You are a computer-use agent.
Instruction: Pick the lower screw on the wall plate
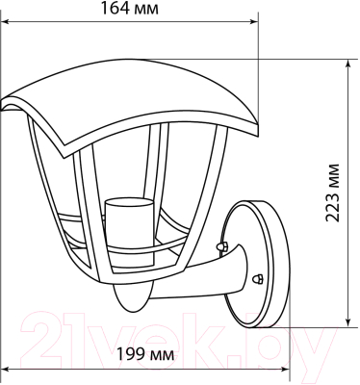coord(257,277)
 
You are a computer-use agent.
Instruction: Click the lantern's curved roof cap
coord(135,106)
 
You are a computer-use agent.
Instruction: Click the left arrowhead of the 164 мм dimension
coord(5,19)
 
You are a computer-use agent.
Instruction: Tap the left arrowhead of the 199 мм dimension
coord(5,369)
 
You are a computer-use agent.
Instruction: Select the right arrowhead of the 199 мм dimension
coord(286,369)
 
